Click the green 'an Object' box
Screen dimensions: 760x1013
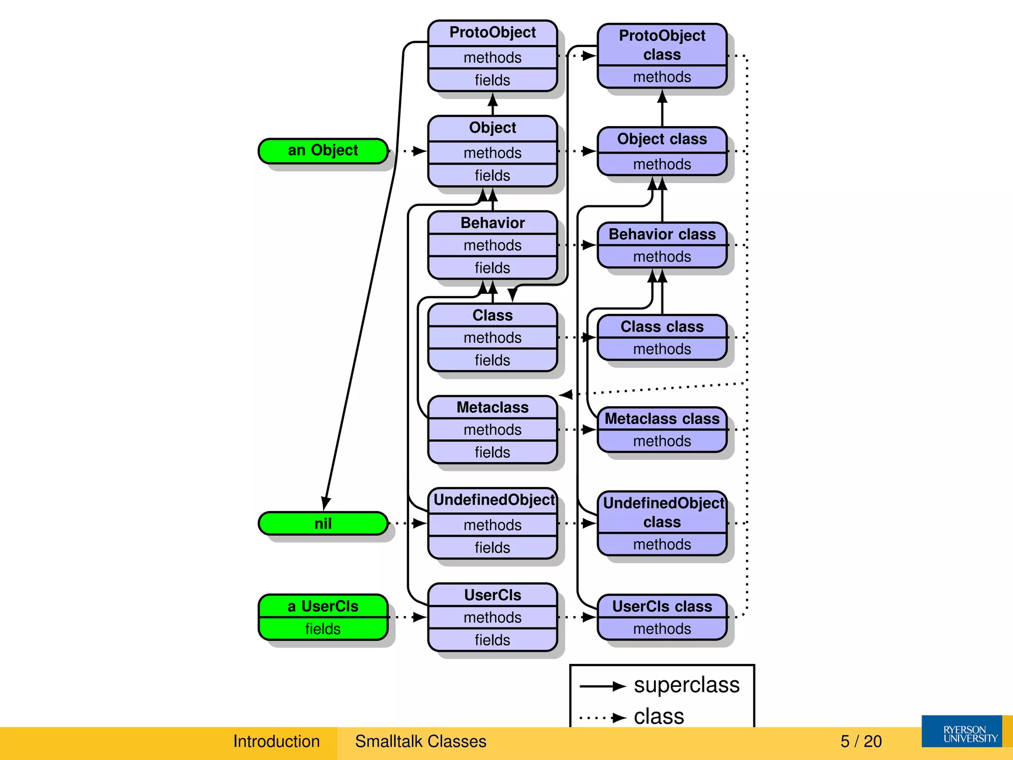(x=322, y=150)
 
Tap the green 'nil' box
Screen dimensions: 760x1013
(x=322, y=523)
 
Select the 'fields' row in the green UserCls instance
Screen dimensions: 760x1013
(x=322, y=629)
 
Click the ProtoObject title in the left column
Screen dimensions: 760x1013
(x=492, y=33)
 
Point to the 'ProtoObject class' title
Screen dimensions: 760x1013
(x=662, y=45)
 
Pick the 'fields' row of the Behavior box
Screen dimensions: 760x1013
(x=492, y=268)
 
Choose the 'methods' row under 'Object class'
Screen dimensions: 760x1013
(x=662, y=164)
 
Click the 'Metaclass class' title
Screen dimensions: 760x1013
(x=662, y=419)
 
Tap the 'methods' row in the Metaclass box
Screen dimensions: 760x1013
(x=492, y=429)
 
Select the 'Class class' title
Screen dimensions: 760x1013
(x=662, y=327)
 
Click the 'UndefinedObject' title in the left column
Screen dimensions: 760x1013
(x=494, y=500)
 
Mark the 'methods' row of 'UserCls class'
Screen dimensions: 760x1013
(x=662, y=629)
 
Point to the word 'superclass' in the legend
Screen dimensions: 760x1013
(x=687, y=685)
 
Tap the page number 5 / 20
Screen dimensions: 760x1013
(x=861, y=741)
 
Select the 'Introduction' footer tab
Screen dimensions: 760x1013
(x=276, y=741)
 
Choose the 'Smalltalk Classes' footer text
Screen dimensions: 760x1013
(x=420, y=741)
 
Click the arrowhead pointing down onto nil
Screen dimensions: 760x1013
(x=325, y=504)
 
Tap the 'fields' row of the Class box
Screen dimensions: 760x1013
(x=492, y=360)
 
